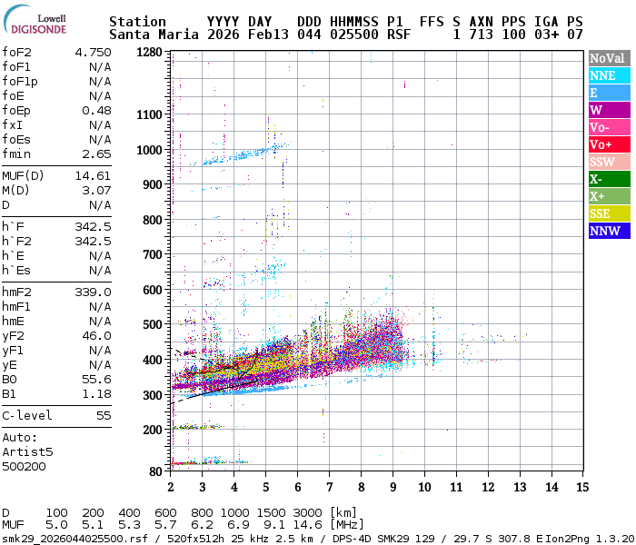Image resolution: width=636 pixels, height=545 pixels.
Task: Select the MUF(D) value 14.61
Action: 94,175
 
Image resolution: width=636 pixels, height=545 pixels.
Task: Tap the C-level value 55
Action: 104,415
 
